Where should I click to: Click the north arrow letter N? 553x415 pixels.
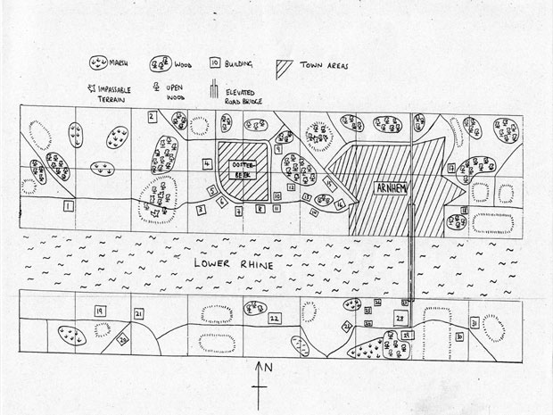(x=268, y=368)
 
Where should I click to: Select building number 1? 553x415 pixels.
(x=68, y=206)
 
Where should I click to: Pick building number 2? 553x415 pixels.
(x=153, y=116)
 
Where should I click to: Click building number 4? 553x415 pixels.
(x=207, y=164)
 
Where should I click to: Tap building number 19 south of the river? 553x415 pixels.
(x=99, y=310)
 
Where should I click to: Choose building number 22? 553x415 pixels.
(x=274, y=317)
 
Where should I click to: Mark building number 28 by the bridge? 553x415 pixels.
(x=400, y=318)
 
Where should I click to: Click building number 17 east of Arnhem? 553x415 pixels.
(x=452, y=168)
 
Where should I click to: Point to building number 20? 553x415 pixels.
(x=123, y=338)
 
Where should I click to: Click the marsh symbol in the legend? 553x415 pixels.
(x=98, y=64)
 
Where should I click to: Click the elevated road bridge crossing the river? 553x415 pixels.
(x=411, y=259)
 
